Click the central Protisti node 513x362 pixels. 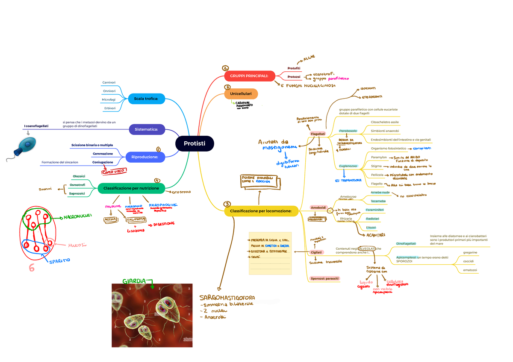[x=195, y=143]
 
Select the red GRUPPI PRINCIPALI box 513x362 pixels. [x=249, y=76]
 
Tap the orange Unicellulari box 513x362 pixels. [x=241, y=93]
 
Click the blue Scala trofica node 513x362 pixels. [x=146, y=99]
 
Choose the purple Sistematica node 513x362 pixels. [x=147, y=129]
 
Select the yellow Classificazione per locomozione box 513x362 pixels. [x=261, y=210]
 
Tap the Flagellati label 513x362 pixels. [x=318, y=134]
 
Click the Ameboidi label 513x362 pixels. [x=318, y=207]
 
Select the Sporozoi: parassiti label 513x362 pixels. [x=324, y=278]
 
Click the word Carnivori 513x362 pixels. [x=109, y=82]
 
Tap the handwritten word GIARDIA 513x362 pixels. [x=134, y=281]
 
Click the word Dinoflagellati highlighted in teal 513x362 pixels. [x=406, y=243]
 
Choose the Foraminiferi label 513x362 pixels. [x=375, y=210]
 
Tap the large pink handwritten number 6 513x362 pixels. [x=31, y=268]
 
